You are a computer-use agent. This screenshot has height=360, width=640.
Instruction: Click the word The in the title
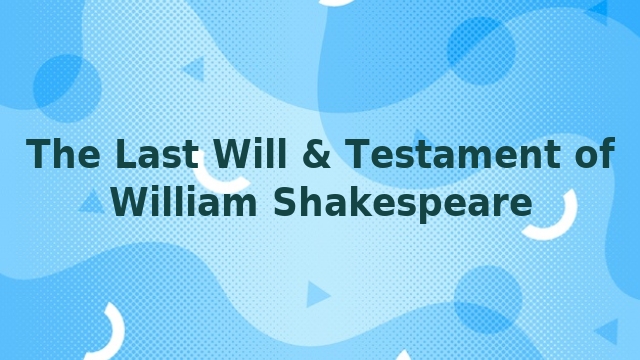64,155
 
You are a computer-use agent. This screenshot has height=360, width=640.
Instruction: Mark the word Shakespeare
402,203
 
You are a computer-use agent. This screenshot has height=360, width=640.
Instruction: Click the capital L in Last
124,155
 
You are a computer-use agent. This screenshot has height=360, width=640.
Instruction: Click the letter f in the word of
605,155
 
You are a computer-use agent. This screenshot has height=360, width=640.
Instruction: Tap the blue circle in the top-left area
66,83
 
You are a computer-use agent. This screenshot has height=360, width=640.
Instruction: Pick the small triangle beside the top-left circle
194,69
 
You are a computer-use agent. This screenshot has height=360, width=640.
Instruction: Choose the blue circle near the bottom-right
488,298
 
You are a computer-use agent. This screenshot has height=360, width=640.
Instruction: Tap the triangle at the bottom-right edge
608,330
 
